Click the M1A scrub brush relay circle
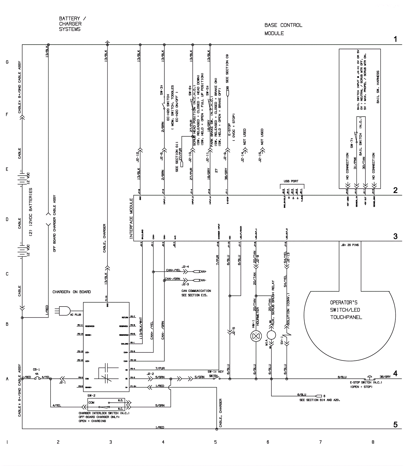coord(271,335)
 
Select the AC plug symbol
coord(64,311)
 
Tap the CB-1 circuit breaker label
coord(36,369)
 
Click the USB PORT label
coord(291,181)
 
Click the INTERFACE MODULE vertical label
coord(131,218)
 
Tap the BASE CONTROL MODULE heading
coord(283,29)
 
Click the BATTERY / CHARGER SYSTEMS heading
coord(72,24)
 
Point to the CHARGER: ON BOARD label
coord(71,292)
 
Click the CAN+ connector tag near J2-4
coord(202,271)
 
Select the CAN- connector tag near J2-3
coord(202,280)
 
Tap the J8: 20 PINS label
coord(349,245)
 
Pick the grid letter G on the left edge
coord(7,62)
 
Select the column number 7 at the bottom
coord(320,442)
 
